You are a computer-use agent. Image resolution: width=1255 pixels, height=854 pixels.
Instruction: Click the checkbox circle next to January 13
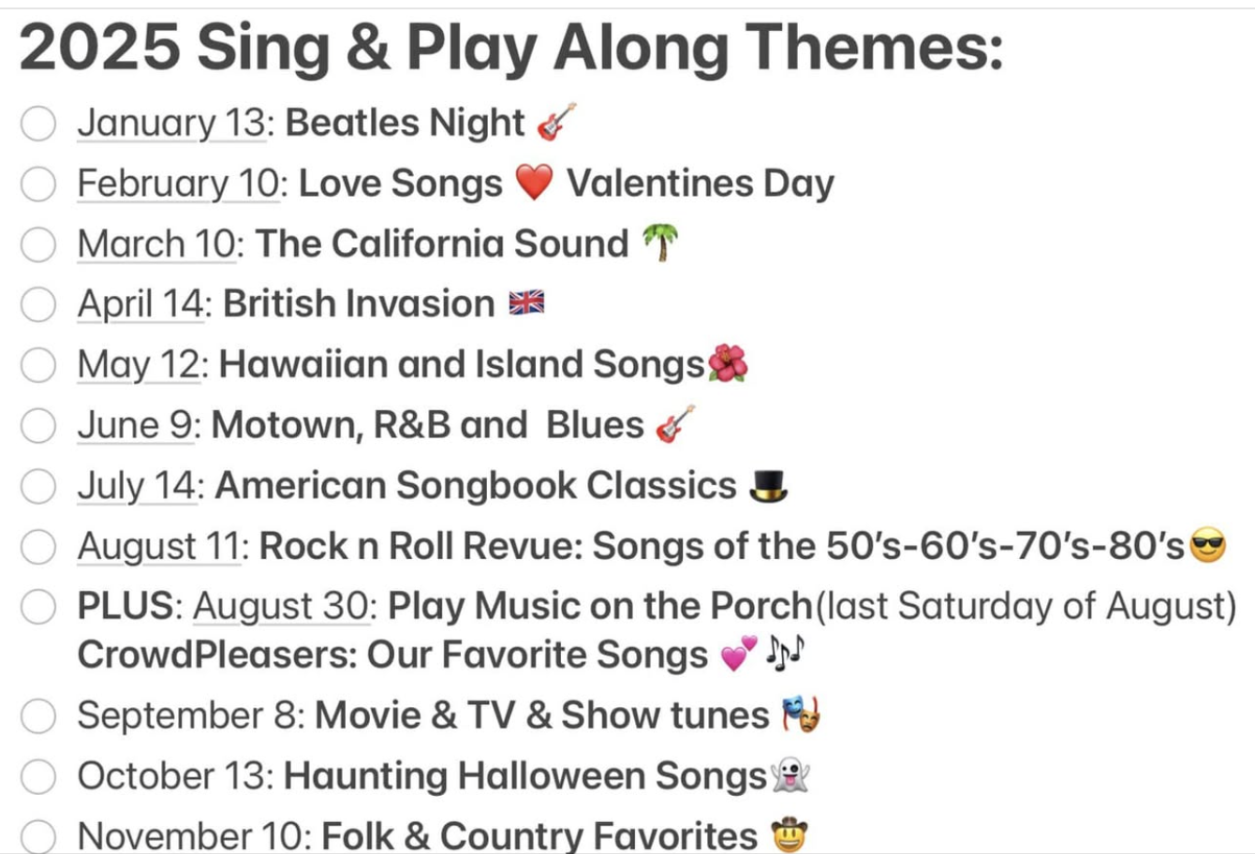(x=38, y=124)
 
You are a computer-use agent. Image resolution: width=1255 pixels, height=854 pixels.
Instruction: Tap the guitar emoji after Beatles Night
(x=556, y=122)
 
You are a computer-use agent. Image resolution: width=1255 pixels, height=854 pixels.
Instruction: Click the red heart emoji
(x=534, y=182)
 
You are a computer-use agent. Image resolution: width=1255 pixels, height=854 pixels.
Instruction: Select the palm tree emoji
(x=660, y=243)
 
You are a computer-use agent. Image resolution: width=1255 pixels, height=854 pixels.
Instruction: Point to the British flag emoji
(x=526, y=303)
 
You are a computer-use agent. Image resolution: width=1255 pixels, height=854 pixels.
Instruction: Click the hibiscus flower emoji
(x=728, y=363)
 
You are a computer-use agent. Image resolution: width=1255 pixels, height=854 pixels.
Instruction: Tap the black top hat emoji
(x=769, y=486)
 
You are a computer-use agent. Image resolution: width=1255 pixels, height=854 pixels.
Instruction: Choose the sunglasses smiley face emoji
(x=1208, y=545)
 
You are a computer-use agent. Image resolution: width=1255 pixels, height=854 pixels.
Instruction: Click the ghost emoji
(x=790, y=775)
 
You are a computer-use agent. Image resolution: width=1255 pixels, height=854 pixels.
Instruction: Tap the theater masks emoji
(x=802, y=714)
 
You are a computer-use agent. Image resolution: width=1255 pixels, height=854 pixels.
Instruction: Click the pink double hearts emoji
(x=739, y=653)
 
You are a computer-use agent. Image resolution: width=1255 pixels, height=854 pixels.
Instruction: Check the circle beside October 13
(x=38, y=776)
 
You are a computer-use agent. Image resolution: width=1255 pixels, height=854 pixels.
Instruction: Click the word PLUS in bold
(x=126, y=605)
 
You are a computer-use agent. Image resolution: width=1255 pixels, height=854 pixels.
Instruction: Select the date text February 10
(x=179, y=184)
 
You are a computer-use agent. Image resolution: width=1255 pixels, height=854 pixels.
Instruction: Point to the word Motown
(x=284, y=425)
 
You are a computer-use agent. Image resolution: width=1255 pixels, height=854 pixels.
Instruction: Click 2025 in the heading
(x=99, y=47)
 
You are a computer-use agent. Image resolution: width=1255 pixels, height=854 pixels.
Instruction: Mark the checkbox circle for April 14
(x=38, y=304)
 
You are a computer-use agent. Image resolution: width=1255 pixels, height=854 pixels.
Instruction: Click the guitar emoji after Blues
(x=675, y=424)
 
